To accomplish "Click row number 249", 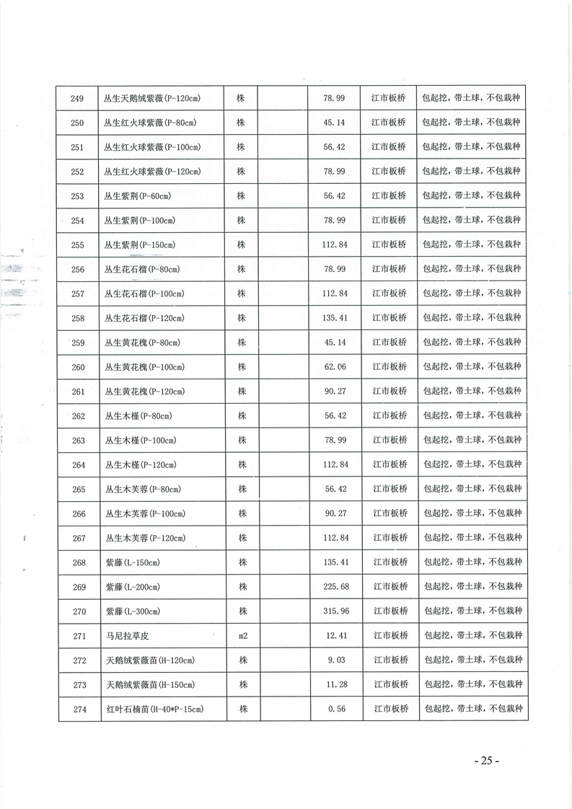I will (x=78, y=98).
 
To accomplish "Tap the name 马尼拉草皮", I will (x=126, y=636).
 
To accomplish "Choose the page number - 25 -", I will (x=486, y=761).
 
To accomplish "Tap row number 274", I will (x=79, y=709).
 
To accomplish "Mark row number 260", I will (x=78, y=367).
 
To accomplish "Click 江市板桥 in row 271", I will (x=390, y=636).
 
